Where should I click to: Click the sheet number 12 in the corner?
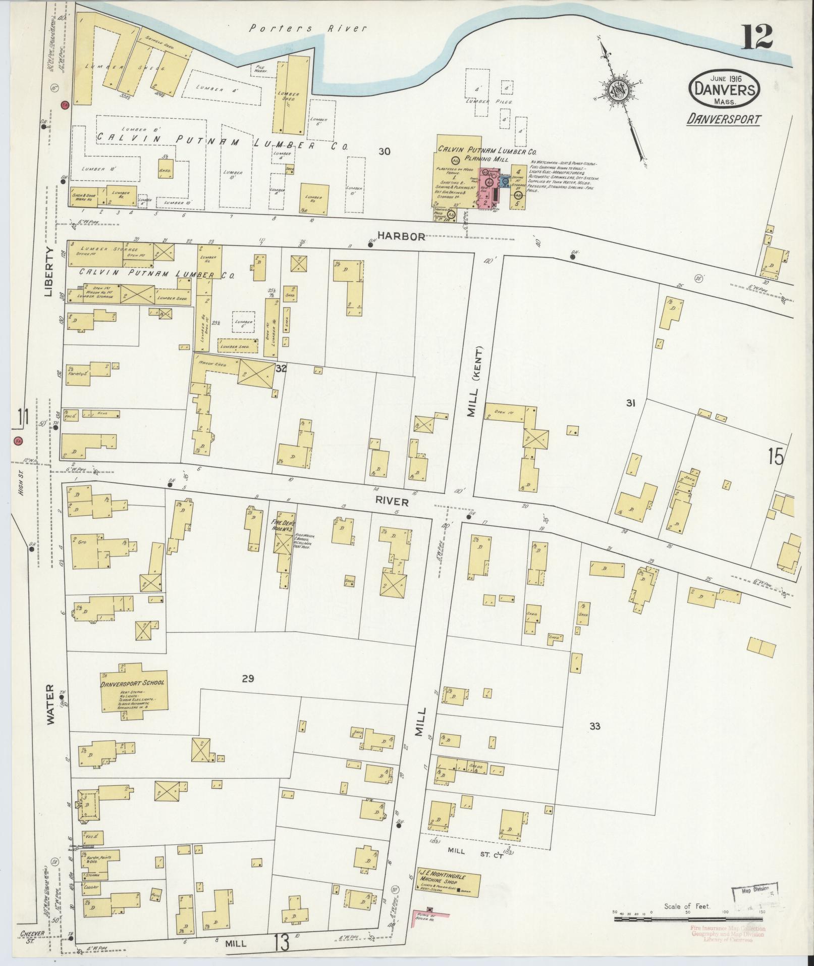coord(756,36)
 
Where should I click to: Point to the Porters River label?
coord(308,28)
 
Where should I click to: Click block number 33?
coord(595,726)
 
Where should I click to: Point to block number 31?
coord(630,403)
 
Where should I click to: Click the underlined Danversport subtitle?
coord(723,119)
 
